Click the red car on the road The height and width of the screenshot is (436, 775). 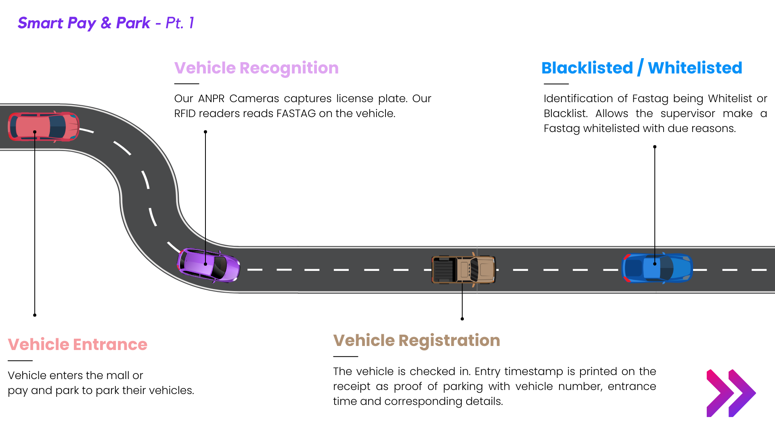pyautogui.click(x=44, y=126)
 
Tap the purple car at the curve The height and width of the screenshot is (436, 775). pyautogui.click(x=208, y=265)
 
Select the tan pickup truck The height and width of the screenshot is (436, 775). pyautogui.click(x=464, y=269)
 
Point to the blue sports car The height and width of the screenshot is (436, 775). pyautogui.click(x=657, y=268)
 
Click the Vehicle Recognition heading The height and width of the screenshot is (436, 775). pyautogui.click(x=256, y=68)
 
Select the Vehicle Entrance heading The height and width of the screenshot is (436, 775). pyautogui.click(x=77, y=344)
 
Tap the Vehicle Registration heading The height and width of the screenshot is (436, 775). pyautogui.click(x=417, y=340)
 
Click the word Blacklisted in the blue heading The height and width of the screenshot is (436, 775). pyautogui.click(x=587, y=68)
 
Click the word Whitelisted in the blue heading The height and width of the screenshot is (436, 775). pyautogui.click(x=695, y=68)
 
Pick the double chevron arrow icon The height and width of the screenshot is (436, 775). pyautogui.click(x=731, y=393)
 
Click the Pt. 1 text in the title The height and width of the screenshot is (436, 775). pyautogui.click(x=180, y=23)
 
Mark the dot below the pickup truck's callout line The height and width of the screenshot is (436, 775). pyautogui.click(x=462, y=319)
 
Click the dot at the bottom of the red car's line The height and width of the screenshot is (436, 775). pyautogui.click(x=35, y=315)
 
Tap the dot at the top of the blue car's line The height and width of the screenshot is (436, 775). pyautogui.click(x=655, y=147)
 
